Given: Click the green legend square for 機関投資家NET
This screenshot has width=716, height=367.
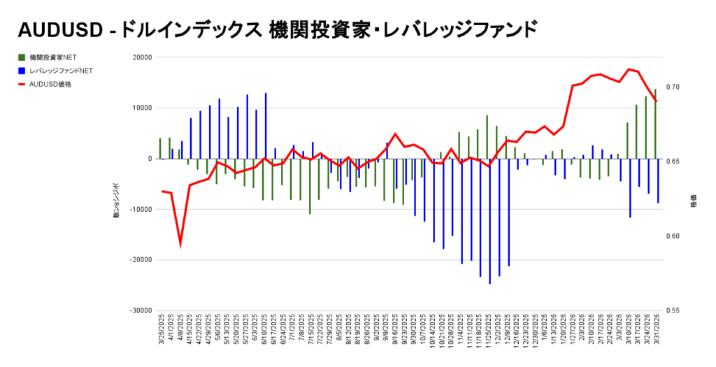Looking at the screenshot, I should [22, 57].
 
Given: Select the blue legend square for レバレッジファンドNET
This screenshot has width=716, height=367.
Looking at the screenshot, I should [22, 71].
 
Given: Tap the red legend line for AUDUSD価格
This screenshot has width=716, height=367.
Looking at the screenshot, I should [22, 84].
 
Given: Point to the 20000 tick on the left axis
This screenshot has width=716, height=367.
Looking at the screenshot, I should [142, 58].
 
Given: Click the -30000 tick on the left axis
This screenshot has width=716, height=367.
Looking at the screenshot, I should [141, 310].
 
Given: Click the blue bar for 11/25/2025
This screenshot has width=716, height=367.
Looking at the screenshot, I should [489, 221].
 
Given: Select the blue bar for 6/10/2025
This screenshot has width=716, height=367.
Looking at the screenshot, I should [266, 126].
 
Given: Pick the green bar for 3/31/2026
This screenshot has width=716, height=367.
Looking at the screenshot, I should [655, 124].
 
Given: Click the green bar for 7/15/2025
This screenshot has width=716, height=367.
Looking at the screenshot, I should [310, 186].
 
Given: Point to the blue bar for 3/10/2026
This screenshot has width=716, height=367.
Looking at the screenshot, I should [630, 187].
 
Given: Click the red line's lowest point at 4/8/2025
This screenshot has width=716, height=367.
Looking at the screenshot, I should [180, 244].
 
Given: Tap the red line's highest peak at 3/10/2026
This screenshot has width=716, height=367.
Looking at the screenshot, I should [629, 69].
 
